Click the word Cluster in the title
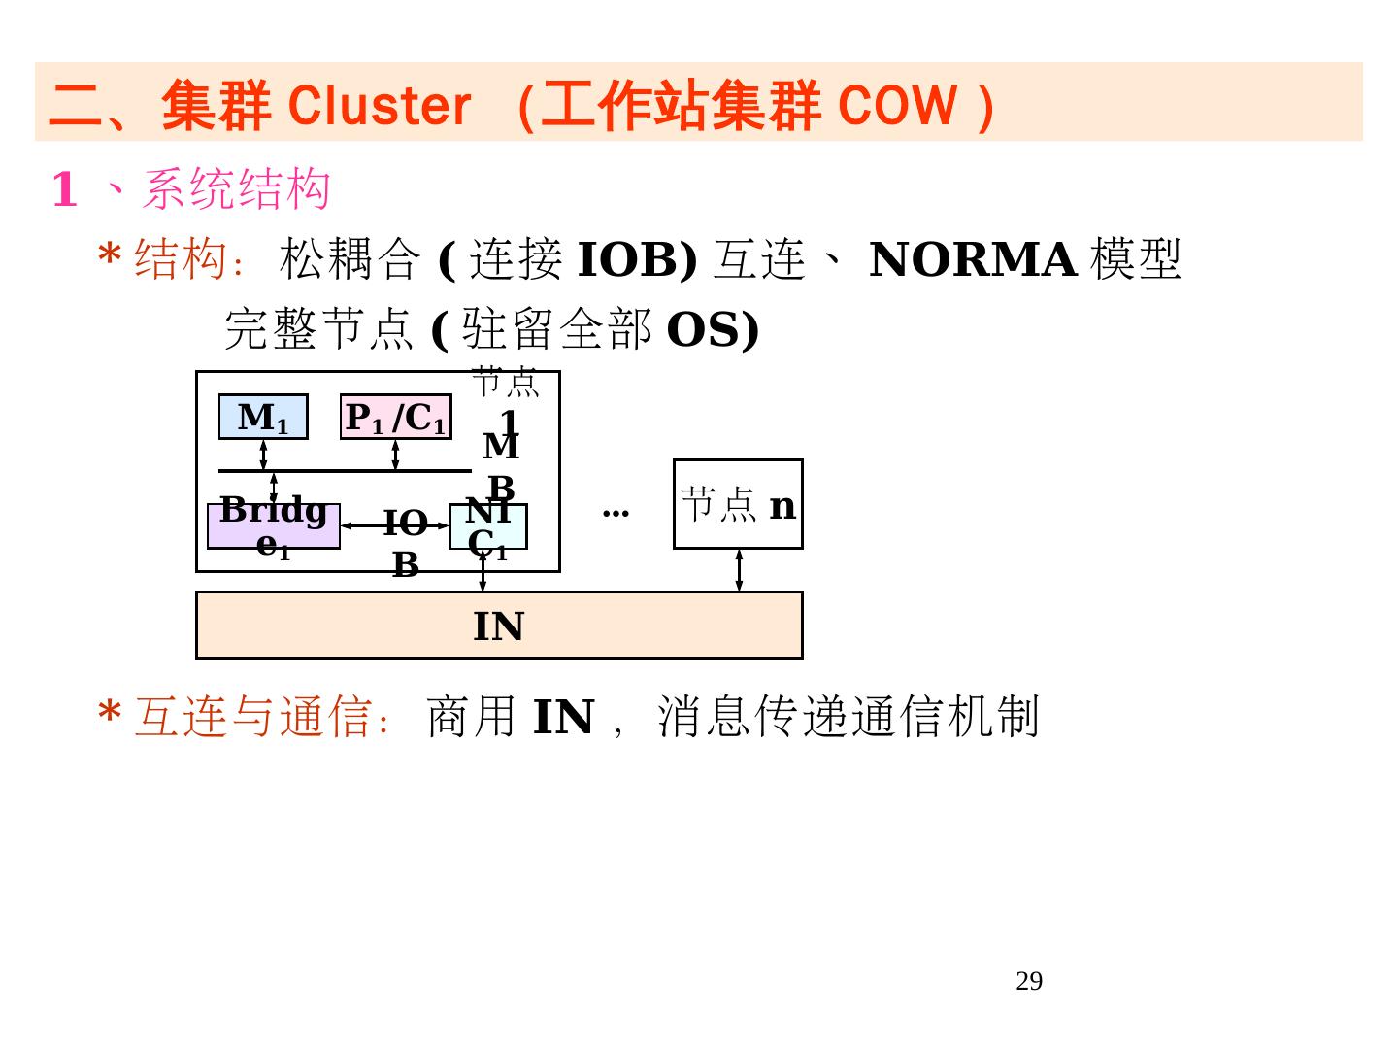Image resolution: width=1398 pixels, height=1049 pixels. click(x=380, y=105)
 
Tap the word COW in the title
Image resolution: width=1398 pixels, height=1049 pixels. click(x=896, y=105)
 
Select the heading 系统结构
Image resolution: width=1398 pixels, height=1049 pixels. click(x=236, y=188)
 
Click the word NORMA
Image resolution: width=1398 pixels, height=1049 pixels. click(x=972, y=260)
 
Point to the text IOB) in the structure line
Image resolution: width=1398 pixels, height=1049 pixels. click(x=637, y=260)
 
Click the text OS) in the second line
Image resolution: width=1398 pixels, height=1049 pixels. click(x=713, y=330)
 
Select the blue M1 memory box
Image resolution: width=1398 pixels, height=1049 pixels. click(x=263, y=417)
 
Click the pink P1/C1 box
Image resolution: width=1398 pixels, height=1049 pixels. click(x=395, y=417)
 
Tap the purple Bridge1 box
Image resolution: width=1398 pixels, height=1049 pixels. click(x=273, y=526)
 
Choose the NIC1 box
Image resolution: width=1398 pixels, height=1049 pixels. click(x=487, y=526)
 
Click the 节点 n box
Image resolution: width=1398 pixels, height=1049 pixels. click(x=738, y=504)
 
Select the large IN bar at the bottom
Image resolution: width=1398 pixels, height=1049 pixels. click(x=499, y=626)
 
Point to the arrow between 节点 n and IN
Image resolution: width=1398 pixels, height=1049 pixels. click(x=739, y=570)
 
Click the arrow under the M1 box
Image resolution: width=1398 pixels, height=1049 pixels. click(x=263, y=455)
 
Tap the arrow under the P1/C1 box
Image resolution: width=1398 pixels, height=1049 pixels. click(x=395, y=455)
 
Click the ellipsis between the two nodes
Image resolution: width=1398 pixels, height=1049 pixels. click(x=616, y=511)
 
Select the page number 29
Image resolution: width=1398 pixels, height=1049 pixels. click(x=1029, y=981)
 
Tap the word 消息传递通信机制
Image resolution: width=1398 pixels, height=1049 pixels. click(x=849, y=718)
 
